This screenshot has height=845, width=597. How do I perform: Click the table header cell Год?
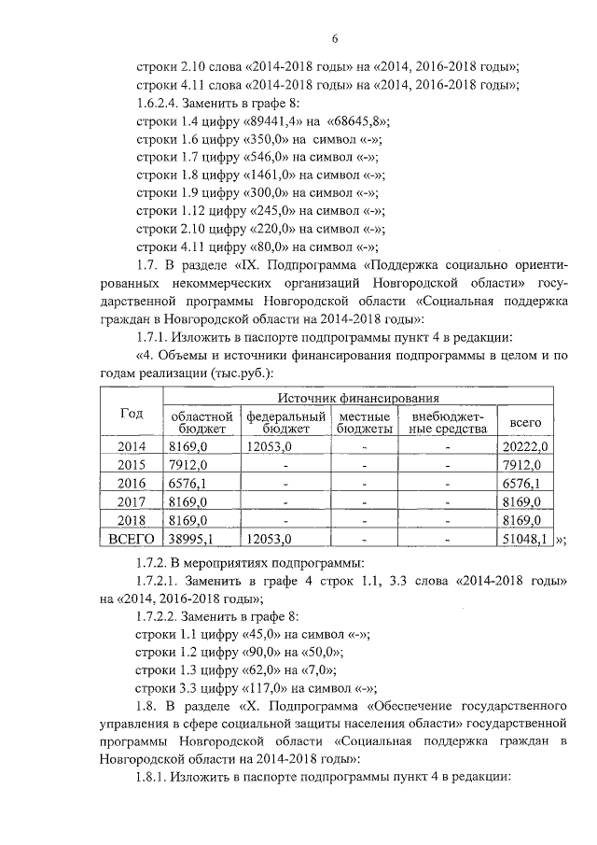click(x=131, y=415)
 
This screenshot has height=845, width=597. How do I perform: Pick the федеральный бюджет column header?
click(x=285, y=422)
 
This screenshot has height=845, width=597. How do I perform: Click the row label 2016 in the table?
click(x=131, y=484)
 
